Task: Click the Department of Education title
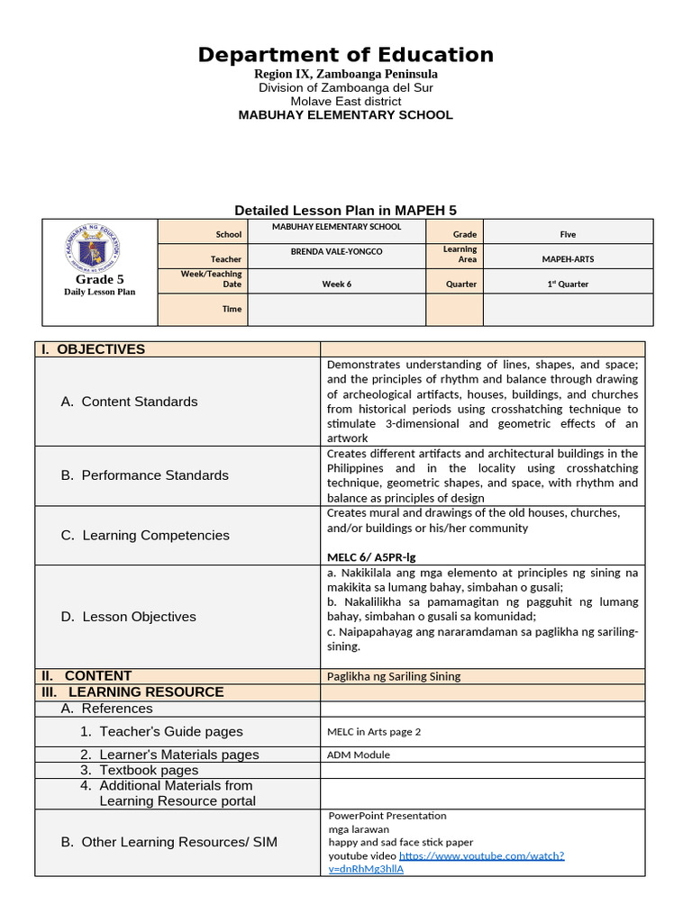pyautogui.click(x=346, y=55)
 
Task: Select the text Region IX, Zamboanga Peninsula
pyautogui.click(x=346, y=74)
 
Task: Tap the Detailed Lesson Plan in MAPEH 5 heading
pyautogui.click(x=346, y=210)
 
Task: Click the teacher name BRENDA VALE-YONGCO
pyautogui.click(x=336, y=252)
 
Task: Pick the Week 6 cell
pyautogui.click(x=336, y=284)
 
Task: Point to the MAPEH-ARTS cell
pyautogui.click(x=568, y=259)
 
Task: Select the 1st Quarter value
pyautogui.click(x=568, y=284)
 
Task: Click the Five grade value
pyautogui.click(x=568, y=234)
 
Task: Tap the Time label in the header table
pyautogui.click(x=232, y=309)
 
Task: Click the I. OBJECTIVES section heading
pyautogui.click(x=103, y=349)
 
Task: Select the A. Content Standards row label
pyautogui.click(x=129, y=402)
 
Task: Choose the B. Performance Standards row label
pyautogui.click(x=144, y=475)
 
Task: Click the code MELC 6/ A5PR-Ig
pyautogui.click(x=371, y=557)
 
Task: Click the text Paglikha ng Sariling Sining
pyautogui.click(x=393, y=676)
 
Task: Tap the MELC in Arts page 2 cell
pyautogui.click(x=374, y=732)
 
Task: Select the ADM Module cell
pyautogui.click(x=359, y=755)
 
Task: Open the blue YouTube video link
pyautogui.click(x=481, y=855)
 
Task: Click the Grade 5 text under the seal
pyautogui.click(x=99, y=279)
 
